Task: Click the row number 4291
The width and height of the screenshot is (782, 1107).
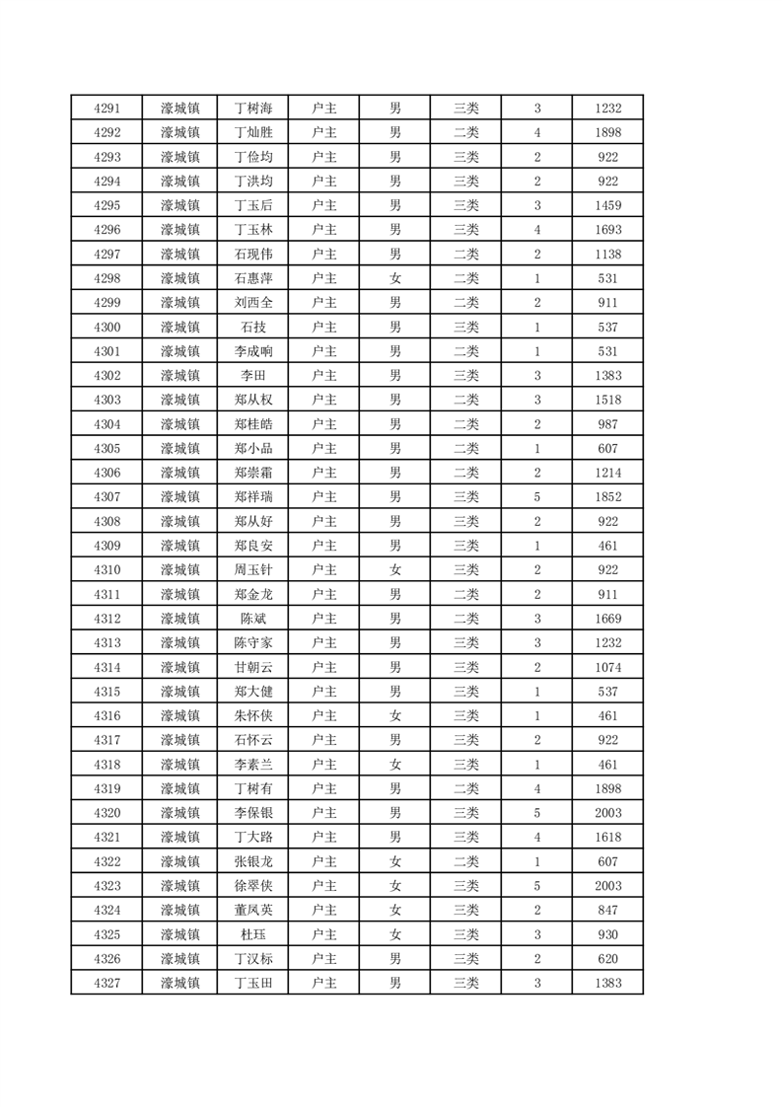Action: (x=107, y=109)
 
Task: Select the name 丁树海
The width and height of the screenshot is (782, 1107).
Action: (x=252, y=109)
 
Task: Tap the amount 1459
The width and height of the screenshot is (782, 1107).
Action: (x=608, y=205)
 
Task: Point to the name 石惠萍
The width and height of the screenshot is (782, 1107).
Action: (x=252, y=278)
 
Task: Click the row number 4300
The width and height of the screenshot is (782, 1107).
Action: (x=107, y=327)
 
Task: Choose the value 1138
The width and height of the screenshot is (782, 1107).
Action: (x=608, y=255)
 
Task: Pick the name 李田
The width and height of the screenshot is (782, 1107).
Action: (x=252, y=375)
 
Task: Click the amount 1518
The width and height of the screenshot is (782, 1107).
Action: (x=608, y=400)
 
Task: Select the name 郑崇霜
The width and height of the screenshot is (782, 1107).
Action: (x=252, y=473)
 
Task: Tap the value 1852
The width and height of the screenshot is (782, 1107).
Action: (x=608, y=496)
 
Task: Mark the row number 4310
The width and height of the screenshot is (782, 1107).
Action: (x=107, y=569)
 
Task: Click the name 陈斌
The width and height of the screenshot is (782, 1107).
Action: (x=252, y=619)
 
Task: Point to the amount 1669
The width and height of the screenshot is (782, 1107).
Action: (x=608, y=619)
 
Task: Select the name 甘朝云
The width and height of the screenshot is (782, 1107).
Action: (x=252, y=667)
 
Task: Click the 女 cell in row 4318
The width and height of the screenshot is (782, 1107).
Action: (x=395, y=764)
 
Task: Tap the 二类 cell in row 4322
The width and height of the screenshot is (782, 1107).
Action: (x=466, y=861)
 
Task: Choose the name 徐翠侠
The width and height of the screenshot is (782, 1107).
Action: (x=252, y=886)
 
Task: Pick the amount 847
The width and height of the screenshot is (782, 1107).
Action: (x=608, y=910)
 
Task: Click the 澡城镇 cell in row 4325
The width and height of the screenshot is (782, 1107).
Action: (x=179, y=934)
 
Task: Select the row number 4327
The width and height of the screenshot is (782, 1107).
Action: (x=107, y=983)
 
